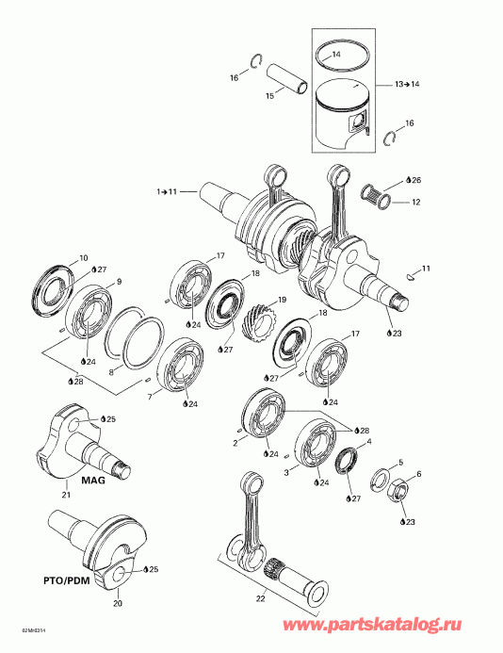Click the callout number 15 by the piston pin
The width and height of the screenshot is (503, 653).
pyautogui.click(x=269, y=95)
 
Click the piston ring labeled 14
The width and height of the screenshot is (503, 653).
pyautogui.click(x=338, y=58)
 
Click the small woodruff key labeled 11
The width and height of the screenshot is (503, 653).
pyautogui.click(x=411, y=277)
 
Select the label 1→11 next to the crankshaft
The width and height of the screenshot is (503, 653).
pyautogui.click(x=167, y=191)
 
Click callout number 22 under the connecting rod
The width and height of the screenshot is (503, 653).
pyautogui.click(x=262, y=596)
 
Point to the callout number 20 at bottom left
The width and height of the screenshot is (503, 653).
pyautogui.click(x=118, y=603)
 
